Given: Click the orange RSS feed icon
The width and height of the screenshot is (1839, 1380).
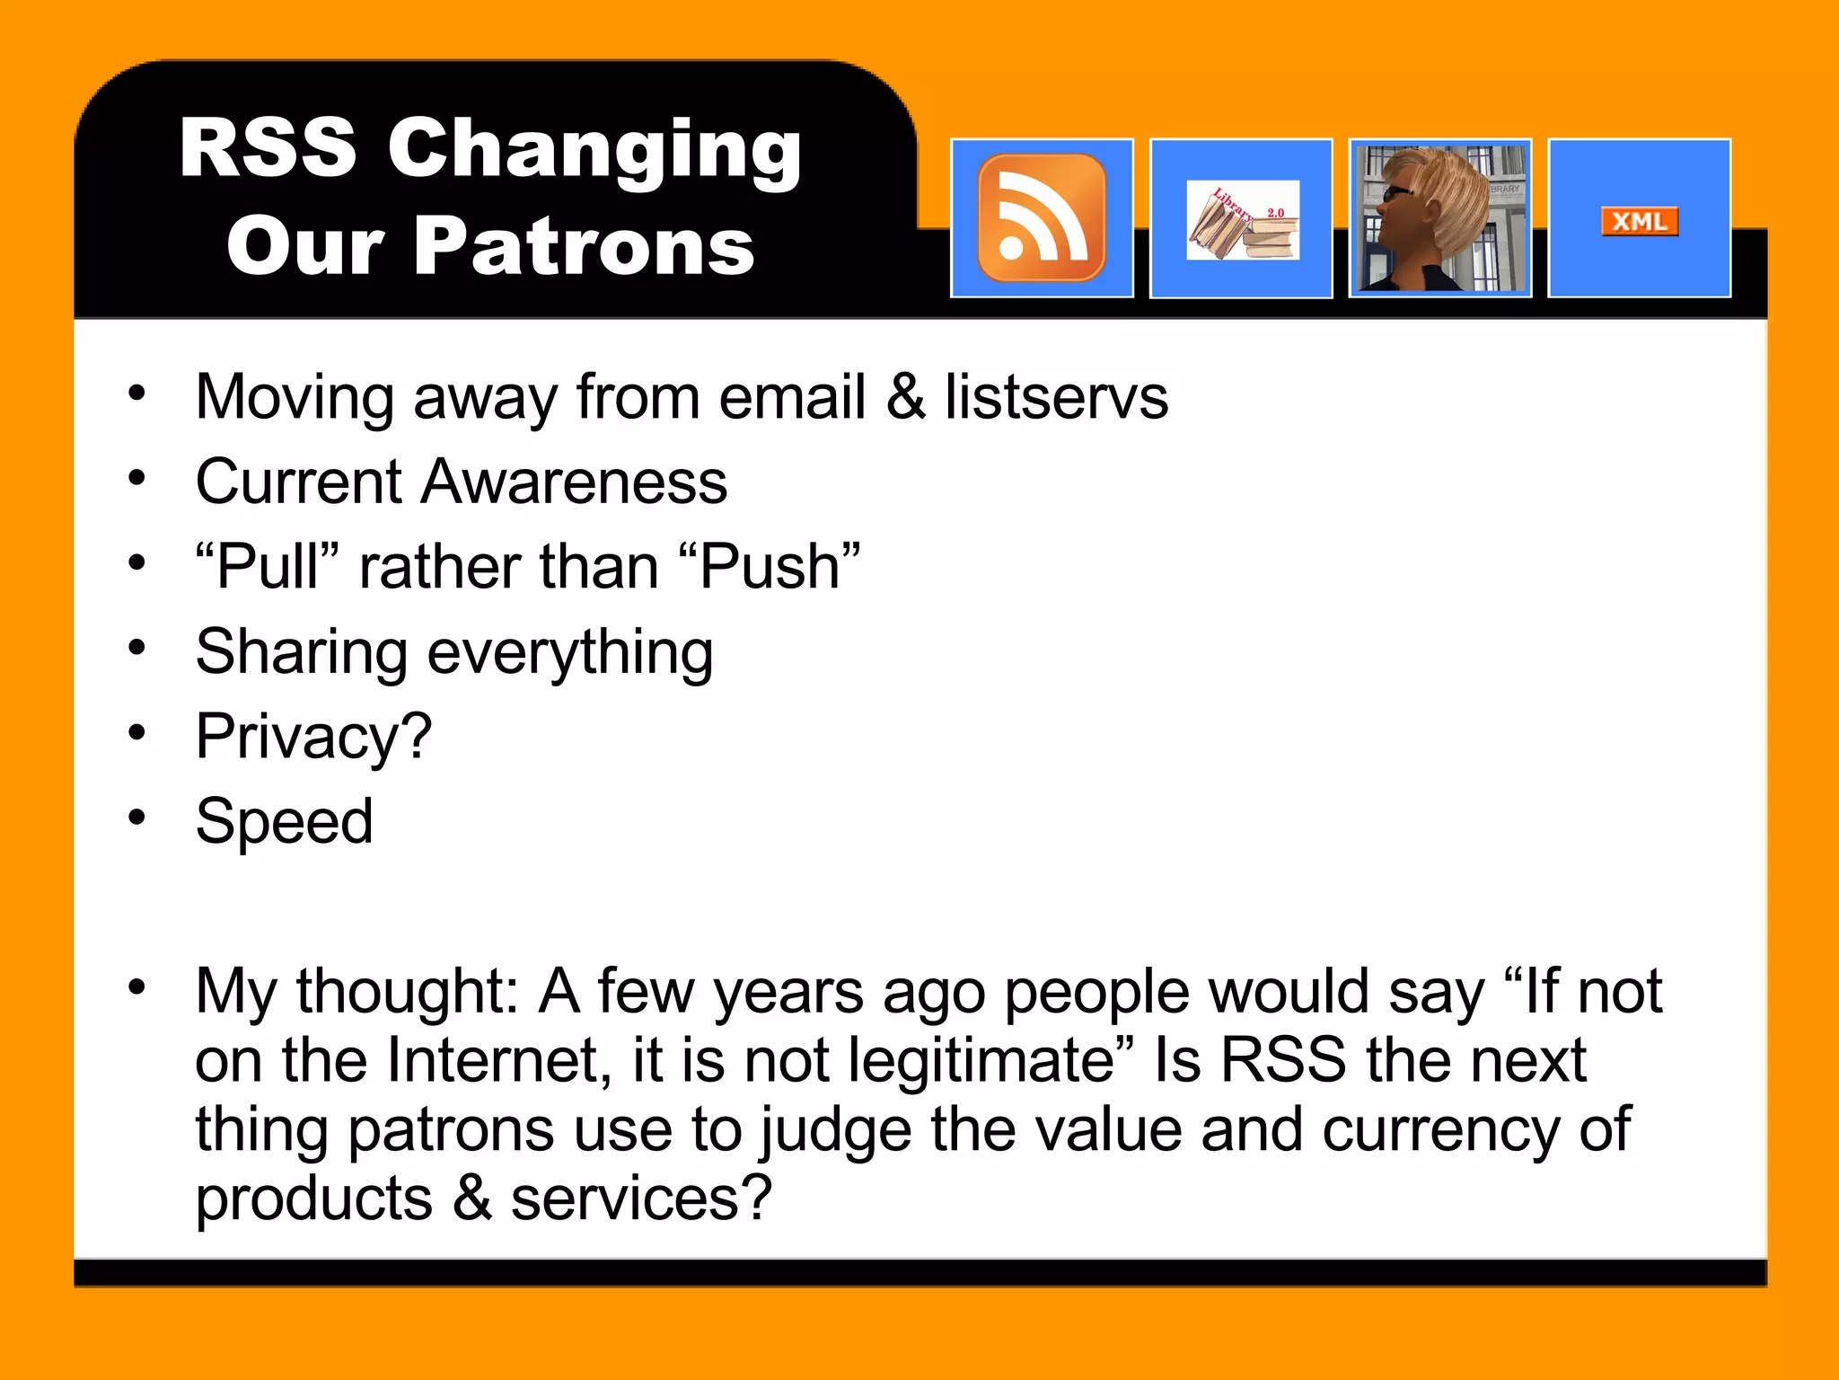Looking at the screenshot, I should coord(1042,218).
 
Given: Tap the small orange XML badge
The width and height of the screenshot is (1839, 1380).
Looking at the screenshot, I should coord(1639,221).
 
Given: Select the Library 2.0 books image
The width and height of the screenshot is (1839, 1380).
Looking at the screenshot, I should coord(1242,220).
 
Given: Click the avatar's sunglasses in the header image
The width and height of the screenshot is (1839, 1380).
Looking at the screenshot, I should coord(1397,193).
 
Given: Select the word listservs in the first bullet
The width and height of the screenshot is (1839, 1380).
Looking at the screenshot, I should coord(1056,397).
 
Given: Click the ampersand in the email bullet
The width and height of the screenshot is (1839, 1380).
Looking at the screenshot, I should coord(905,397).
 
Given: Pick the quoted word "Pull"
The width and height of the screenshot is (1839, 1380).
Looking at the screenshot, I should coord(268,567).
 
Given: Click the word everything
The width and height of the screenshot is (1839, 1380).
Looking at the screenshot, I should coord(570,652).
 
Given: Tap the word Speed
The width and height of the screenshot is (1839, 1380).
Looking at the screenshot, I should coord(284,821).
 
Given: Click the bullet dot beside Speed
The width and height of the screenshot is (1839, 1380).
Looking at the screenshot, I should coord(136,818).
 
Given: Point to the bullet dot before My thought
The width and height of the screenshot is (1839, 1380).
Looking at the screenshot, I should coord(136,987).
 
